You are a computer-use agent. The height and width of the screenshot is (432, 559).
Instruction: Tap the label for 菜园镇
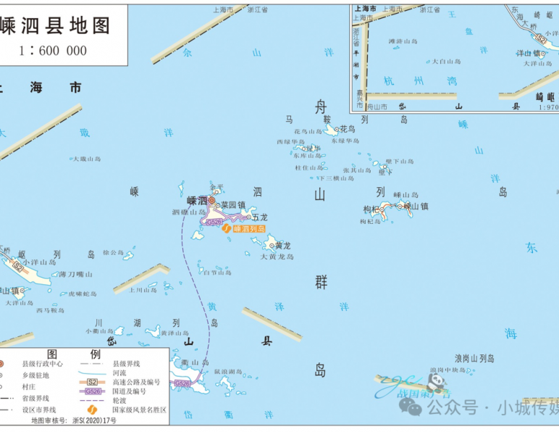[x=234, y=205]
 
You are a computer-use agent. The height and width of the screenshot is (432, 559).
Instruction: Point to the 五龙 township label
[x=260, y=217]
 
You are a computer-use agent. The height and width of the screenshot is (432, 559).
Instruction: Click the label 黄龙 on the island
[x=282, y=246]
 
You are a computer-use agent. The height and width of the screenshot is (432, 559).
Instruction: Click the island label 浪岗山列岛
[x=474, y=358]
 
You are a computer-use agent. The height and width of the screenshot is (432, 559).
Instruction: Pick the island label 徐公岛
[x=114, y=253]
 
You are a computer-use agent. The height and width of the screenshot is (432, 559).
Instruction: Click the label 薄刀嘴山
[x=76, y=274]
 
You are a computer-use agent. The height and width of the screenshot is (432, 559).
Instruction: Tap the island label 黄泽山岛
[x=175, y=333]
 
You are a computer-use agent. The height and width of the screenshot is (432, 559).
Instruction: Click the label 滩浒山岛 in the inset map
[x=404, y=41]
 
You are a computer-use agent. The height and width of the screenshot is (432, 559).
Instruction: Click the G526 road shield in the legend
[x=92, y=391]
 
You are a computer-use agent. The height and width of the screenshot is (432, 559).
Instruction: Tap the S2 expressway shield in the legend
[x=92, y=381]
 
